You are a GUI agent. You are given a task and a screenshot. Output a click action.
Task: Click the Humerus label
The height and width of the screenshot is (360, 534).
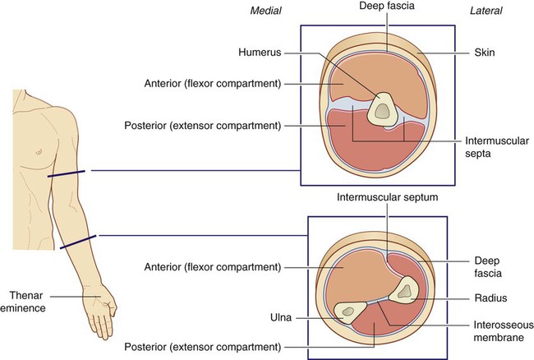tap(260, 53)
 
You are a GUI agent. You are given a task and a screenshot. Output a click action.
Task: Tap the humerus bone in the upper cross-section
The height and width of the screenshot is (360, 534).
tap(383, 108)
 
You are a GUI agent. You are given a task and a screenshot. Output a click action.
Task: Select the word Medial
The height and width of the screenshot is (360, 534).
tap(265, 11)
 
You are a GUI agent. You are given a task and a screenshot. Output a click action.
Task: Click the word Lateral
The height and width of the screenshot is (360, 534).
tap(486, 11)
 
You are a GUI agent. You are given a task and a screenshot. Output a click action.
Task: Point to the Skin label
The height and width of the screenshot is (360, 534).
tap(485, 53)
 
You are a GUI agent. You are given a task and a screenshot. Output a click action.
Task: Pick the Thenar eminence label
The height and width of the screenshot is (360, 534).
tap(23, 302)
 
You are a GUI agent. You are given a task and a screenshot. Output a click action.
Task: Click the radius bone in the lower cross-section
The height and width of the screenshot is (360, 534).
tap(404, 290)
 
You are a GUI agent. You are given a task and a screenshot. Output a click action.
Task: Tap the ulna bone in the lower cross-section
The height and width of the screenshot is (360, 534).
tap(348, 312)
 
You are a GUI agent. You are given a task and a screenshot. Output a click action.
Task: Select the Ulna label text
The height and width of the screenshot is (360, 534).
tap(281, 318)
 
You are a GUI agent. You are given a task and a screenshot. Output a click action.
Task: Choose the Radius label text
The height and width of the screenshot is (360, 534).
tap(490, 298)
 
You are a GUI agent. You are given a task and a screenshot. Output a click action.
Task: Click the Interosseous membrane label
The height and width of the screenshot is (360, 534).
tap(504, 331)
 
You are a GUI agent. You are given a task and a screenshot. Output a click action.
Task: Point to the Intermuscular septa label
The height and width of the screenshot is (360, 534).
tap(497, 147)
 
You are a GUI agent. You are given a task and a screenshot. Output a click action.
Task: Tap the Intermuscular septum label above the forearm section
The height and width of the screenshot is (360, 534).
tap(387, 197)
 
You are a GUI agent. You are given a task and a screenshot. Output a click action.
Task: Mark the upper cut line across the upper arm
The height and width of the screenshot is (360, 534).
tap(67, 173)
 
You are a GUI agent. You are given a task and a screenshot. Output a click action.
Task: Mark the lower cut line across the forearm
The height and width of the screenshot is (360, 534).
tap(78, 242)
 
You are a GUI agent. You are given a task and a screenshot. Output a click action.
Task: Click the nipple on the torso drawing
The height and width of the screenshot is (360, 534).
tap(39, 151)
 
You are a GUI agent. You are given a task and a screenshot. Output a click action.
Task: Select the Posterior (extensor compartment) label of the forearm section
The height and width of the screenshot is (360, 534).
tap(203, 347)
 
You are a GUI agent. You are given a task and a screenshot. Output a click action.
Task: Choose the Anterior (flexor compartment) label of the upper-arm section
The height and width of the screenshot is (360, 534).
tap(213, 84)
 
